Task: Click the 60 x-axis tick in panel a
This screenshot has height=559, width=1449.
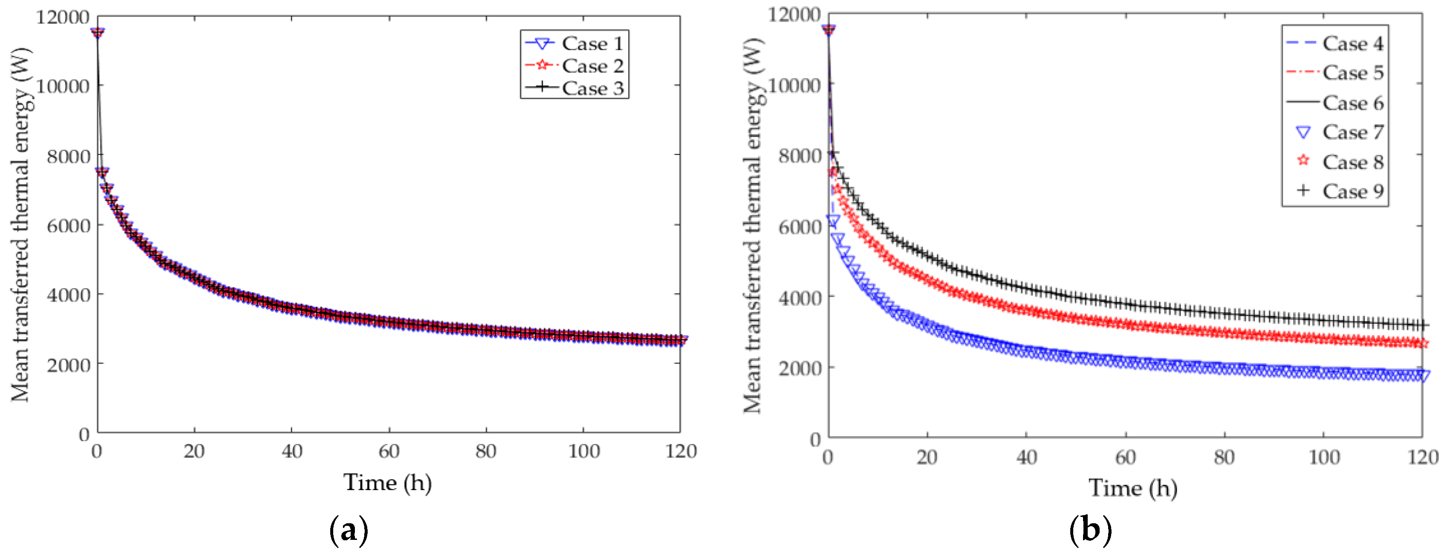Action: pyautogui.click(x=389, y=451)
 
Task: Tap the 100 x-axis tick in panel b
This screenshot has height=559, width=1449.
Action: pyautogui.click(x=1323, y=456)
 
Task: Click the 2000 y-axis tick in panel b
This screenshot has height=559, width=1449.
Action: pyautogui.click(x=799, y=368)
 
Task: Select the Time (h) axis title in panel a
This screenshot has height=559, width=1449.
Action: pyautogui.click(x=388, y=482)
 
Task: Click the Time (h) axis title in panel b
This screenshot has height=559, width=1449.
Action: pyautogui.click(x=1133, y=488)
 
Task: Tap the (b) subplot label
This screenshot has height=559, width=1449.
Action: pyautogui.click(x=1090, y=530)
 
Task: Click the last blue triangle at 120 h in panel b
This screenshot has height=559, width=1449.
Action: pyautogui.click(x=1423, y=376)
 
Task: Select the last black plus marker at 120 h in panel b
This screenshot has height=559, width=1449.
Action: pyautogui.click(x=1423, y=325)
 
